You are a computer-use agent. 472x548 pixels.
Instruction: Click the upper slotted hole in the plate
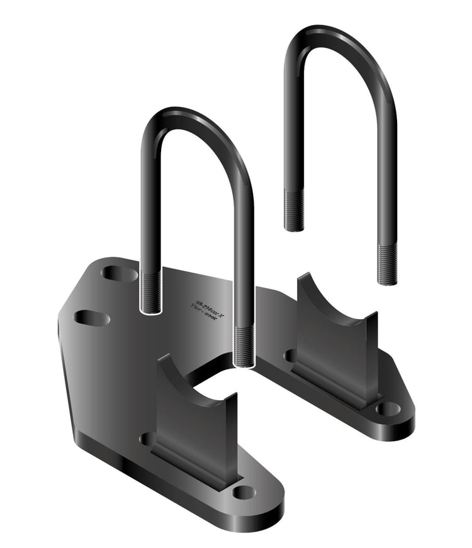tap(119, 274)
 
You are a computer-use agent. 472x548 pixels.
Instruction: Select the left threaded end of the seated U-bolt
tap(151, 293)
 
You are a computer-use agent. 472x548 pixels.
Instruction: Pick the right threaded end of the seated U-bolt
tap(244, 346)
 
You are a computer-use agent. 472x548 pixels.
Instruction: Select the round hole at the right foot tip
tap(388, 408)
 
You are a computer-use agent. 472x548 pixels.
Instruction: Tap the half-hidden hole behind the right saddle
tap(290, 356)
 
